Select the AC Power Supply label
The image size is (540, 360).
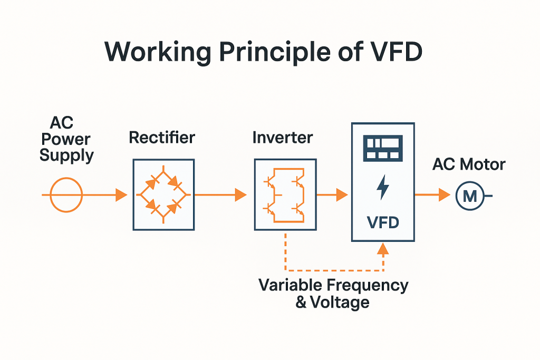66,140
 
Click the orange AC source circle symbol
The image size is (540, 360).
66,195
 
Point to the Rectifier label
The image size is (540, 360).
162,138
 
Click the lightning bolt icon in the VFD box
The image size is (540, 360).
383,187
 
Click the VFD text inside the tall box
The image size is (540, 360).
383,222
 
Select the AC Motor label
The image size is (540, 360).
469,164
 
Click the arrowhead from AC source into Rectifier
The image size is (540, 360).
121,195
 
